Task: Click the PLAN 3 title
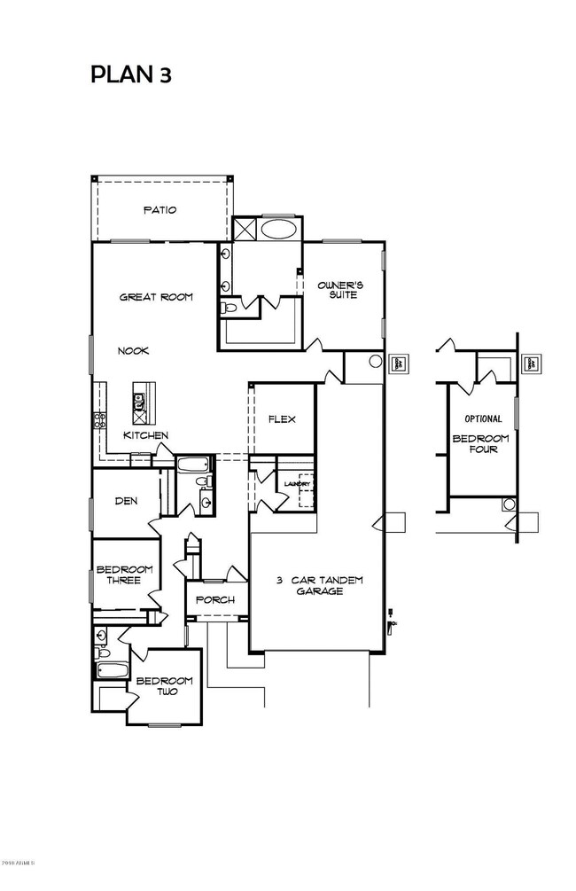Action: (x=130, y=74)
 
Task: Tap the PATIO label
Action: (x=160, y=210)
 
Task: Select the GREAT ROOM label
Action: (x=156, y=297)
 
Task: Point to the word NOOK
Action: (x=134, y=351)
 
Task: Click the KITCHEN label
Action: (x=145, y=435)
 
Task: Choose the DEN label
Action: (x=126, y=501)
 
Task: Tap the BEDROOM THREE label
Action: (x=124, y=575)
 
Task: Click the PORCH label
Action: (x=214, y=600)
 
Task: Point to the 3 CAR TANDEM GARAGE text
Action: (x=318, y=585)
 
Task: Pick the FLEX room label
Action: (x=282, y=419)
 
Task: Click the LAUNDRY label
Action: (x=296, y=484)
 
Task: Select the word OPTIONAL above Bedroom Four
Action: (x=483, y=418)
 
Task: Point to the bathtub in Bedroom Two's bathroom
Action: (x=112, y=671)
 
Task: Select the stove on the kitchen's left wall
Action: (x=99, y=420)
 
